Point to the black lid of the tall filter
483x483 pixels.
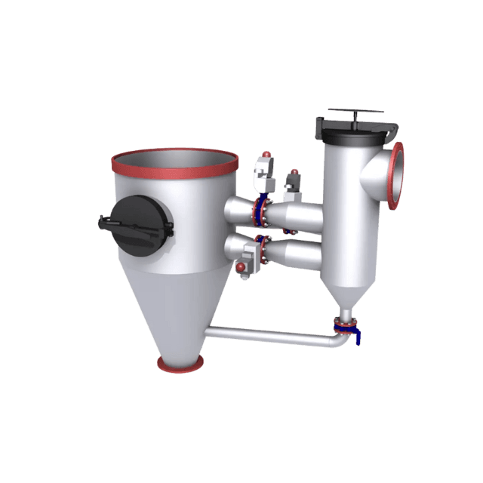point(355,133)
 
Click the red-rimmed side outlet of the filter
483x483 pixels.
point(395,174)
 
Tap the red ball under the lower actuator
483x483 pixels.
point(241,268)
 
